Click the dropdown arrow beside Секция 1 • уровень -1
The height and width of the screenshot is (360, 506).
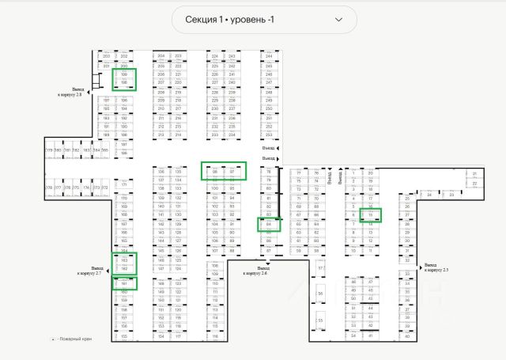point(339,19)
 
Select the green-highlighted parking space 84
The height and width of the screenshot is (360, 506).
point(270,224)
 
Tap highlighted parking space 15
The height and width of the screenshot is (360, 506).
point(371,214)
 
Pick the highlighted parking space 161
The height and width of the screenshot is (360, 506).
point(125,283)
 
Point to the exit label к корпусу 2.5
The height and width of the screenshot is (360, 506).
point(435,268)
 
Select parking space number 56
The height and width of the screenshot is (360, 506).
point(321,294)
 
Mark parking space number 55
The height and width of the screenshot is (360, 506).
point(321,320)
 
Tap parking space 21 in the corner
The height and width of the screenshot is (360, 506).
point(474,173)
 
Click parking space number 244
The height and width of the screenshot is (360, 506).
point(270,56)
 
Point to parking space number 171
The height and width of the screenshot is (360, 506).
point(124,184)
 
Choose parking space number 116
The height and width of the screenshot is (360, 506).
point(214,336)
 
